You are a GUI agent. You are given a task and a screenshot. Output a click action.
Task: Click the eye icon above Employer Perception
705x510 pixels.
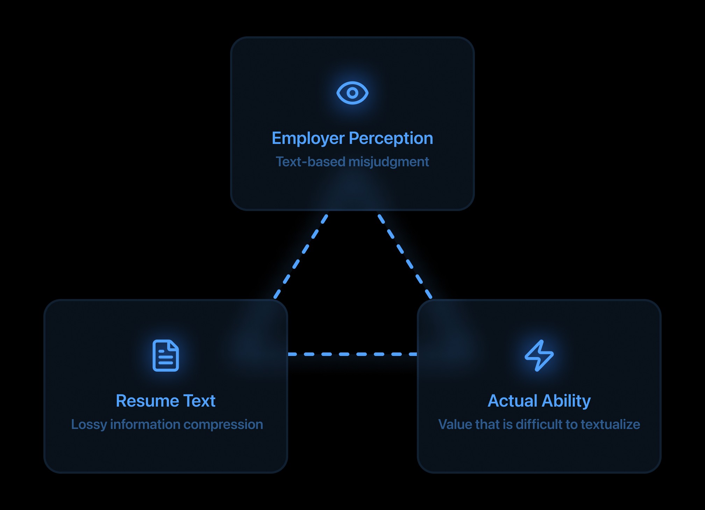(352, 93)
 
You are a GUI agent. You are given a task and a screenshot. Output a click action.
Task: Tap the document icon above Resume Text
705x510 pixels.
(166, 355)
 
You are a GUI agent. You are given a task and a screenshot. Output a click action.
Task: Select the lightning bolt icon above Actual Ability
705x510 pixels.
(539, 355)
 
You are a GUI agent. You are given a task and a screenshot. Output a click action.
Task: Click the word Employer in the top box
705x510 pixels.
(308, 138)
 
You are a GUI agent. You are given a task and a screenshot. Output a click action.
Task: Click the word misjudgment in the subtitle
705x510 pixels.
(389, 162)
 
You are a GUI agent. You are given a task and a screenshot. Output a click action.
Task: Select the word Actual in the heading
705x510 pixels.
(512, 401)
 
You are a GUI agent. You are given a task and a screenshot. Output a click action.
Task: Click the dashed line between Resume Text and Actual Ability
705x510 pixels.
(352, 354)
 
